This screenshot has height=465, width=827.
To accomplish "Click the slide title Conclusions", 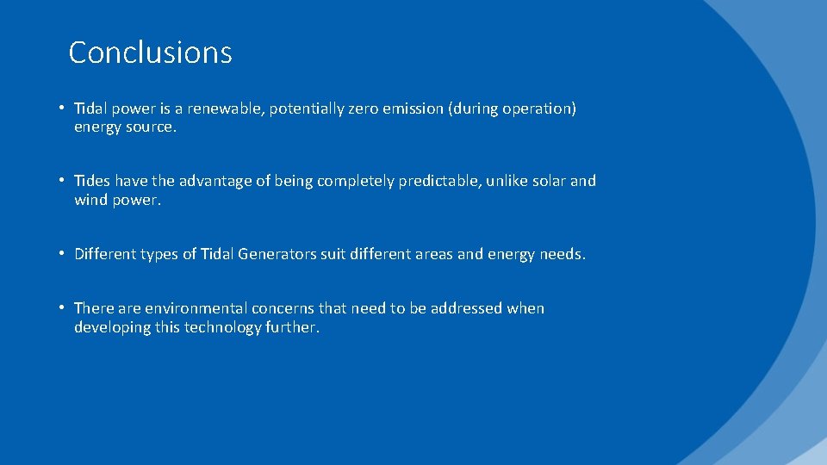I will (150, 53).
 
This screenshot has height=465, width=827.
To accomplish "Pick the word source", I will (152, 127).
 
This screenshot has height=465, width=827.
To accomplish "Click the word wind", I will (91, 200).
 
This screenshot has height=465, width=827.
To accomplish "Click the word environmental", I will (196, 308).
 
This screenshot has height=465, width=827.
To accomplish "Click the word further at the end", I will (290, 327).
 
